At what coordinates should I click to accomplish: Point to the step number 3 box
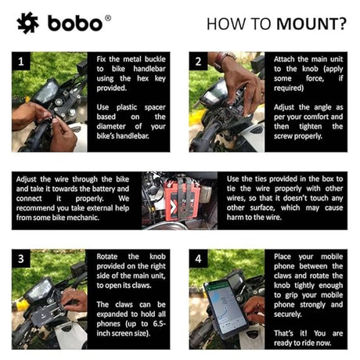[x=21, y=258]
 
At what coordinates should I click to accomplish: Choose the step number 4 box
[x=199, y=258]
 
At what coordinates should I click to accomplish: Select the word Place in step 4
[x=283, y=257]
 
